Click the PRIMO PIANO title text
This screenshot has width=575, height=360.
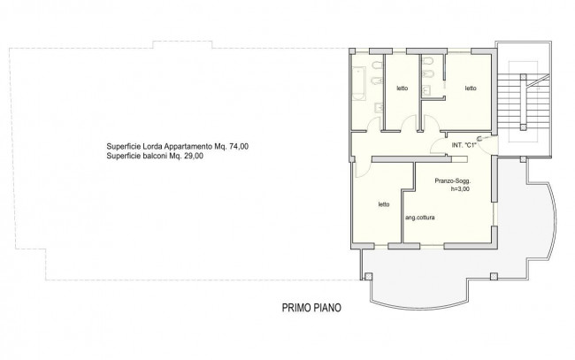[311, 308]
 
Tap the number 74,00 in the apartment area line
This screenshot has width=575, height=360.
[239, 147]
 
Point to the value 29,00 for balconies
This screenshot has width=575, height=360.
[194, 157]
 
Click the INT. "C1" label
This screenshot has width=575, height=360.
[464, 145]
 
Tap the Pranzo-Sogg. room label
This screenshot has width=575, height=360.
[453, 181]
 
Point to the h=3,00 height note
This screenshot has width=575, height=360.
[460, 189]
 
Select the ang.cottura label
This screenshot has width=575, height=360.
[420, 218]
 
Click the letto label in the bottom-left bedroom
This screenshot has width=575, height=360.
[384, 204]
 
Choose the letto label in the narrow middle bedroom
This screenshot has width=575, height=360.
[402, 88]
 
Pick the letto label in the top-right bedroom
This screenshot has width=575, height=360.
[471, 88]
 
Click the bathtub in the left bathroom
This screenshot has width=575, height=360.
[359, 83]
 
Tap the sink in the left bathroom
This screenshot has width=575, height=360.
[379, 107]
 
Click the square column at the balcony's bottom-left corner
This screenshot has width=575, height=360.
[369, 277]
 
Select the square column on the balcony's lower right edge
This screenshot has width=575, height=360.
[494, 277]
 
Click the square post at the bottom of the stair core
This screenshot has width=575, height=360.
[523, 127]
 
